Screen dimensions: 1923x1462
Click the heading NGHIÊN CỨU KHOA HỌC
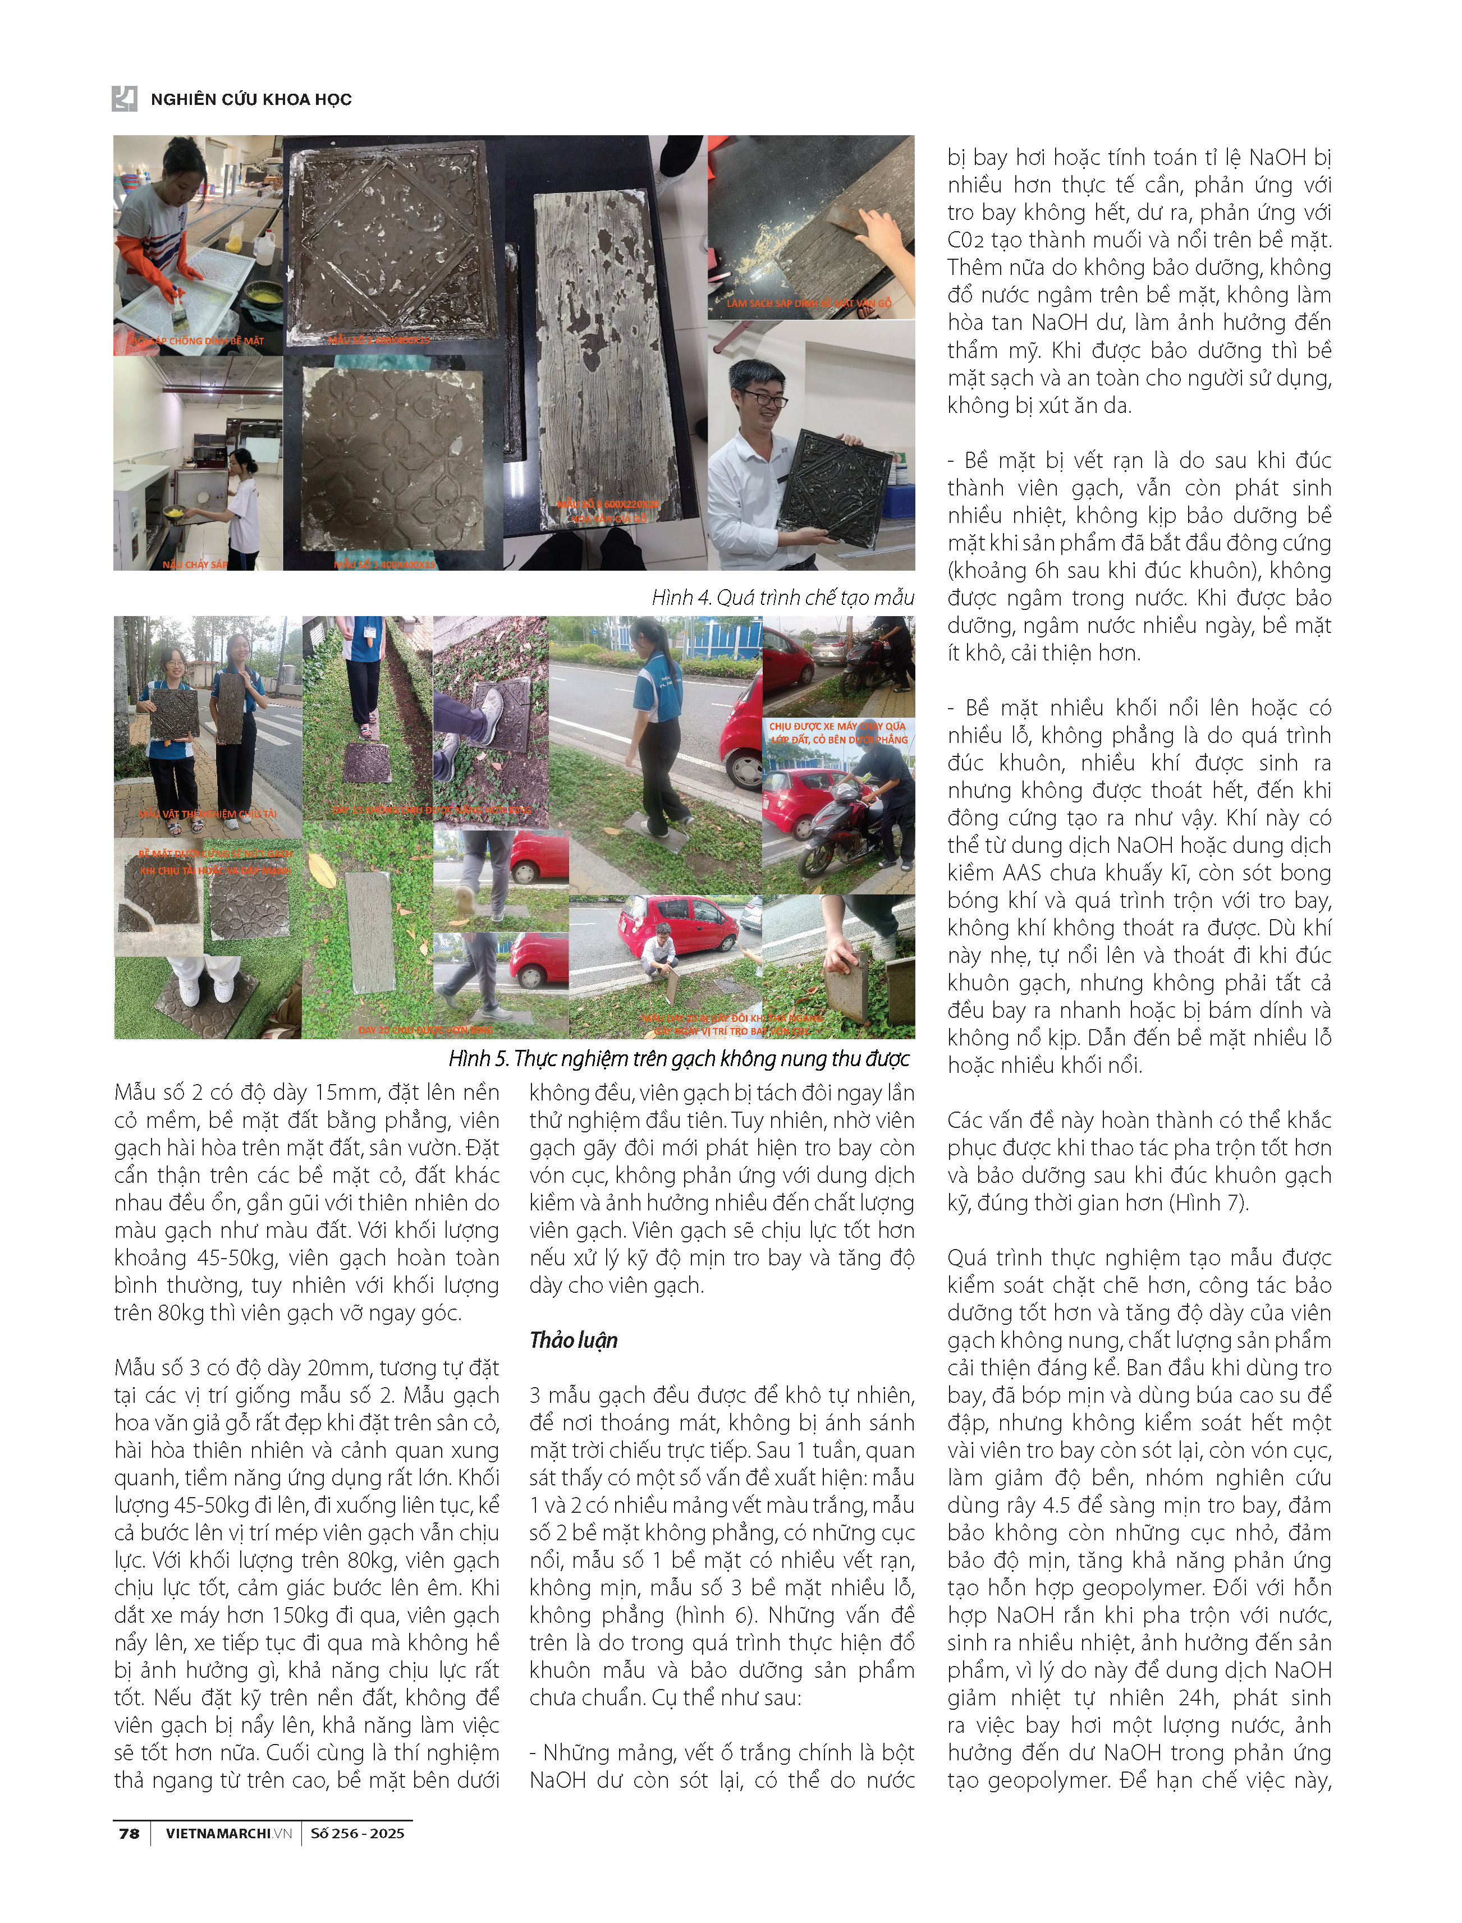[251, 99]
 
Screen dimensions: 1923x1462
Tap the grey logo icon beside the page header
[125, 98]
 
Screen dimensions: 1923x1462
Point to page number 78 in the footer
[129, 1833]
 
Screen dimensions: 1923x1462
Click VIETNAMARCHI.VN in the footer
[228, 1833]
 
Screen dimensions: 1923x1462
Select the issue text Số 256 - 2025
[357, 1833]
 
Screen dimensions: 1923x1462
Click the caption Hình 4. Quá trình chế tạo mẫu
[782, 597]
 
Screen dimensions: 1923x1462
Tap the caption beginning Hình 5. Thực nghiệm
[679, 1058]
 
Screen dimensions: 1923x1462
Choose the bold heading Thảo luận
[574, 1340]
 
